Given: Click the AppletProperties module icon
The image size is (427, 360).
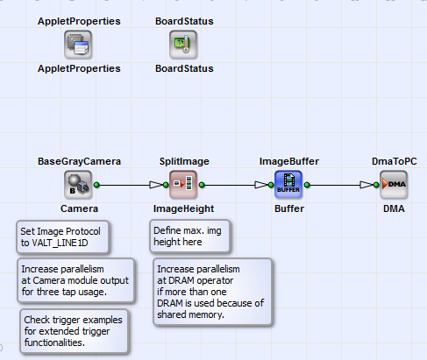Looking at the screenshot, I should pyautogui.click(x=79, y=43).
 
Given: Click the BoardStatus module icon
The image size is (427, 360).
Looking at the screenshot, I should pyautogui.click(x=183, y=43).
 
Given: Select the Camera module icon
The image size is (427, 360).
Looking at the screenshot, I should pyautogui.click(x=79, y=185).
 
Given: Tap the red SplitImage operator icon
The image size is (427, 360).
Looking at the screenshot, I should pyautogui.click(x=183, y=185).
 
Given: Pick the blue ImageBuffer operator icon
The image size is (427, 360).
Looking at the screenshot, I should pyautogui.click(x=288, y=185).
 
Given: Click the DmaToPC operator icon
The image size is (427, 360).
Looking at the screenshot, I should pyautogui.click(x=394, y=185).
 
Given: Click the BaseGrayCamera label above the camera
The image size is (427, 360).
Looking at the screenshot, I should pyautogui.click(x=79, y=161).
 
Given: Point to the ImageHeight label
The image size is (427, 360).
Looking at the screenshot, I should pyautogui.click(x=183, y=209).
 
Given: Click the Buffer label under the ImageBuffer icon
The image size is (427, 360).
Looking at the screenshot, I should pyautogui.click(x=288, y=209).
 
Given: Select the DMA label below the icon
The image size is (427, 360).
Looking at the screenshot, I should pyautogui.click(x=394, y=209).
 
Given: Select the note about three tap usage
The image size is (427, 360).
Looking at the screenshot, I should pyautogui.click(x=75, y=278).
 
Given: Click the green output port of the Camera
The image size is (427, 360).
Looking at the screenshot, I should pyautogui.click(x=97, y=185).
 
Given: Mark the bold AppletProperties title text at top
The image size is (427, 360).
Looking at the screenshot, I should pyautogui.click(x=79, y=19).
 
